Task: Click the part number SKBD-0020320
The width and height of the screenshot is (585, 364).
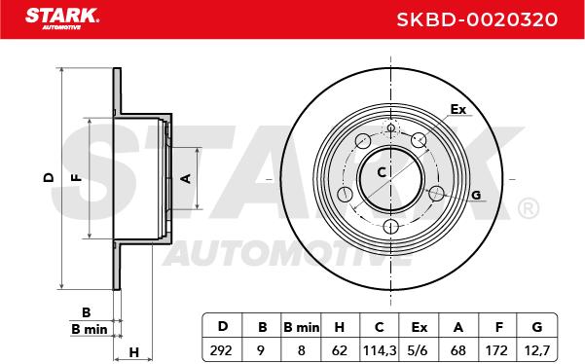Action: click(x=477, y=19)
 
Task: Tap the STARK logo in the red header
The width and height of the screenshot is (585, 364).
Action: click(x=62, y=18)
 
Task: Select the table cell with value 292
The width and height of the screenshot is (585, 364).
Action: click(x=221, y=350)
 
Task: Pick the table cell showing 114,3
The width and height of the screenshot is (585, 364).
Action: click(x=380, y=350)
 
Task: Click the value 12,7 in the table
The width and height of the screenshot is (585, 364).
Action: click(x=537, y=350)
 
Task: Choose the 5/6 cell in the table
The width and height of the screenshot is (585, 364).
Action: click(x=419, y=350)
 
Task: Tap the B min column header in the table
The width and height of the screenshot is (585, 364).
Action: click(x=301, y=327)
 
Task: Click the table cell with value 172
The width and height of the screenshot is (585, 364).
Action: click(x=496, y=350)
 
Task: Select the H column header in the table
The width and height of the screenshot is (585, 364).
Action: click(x=340, y=327)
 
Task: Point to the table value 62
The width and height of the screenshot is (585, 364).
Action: click(x=340, y=350)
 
